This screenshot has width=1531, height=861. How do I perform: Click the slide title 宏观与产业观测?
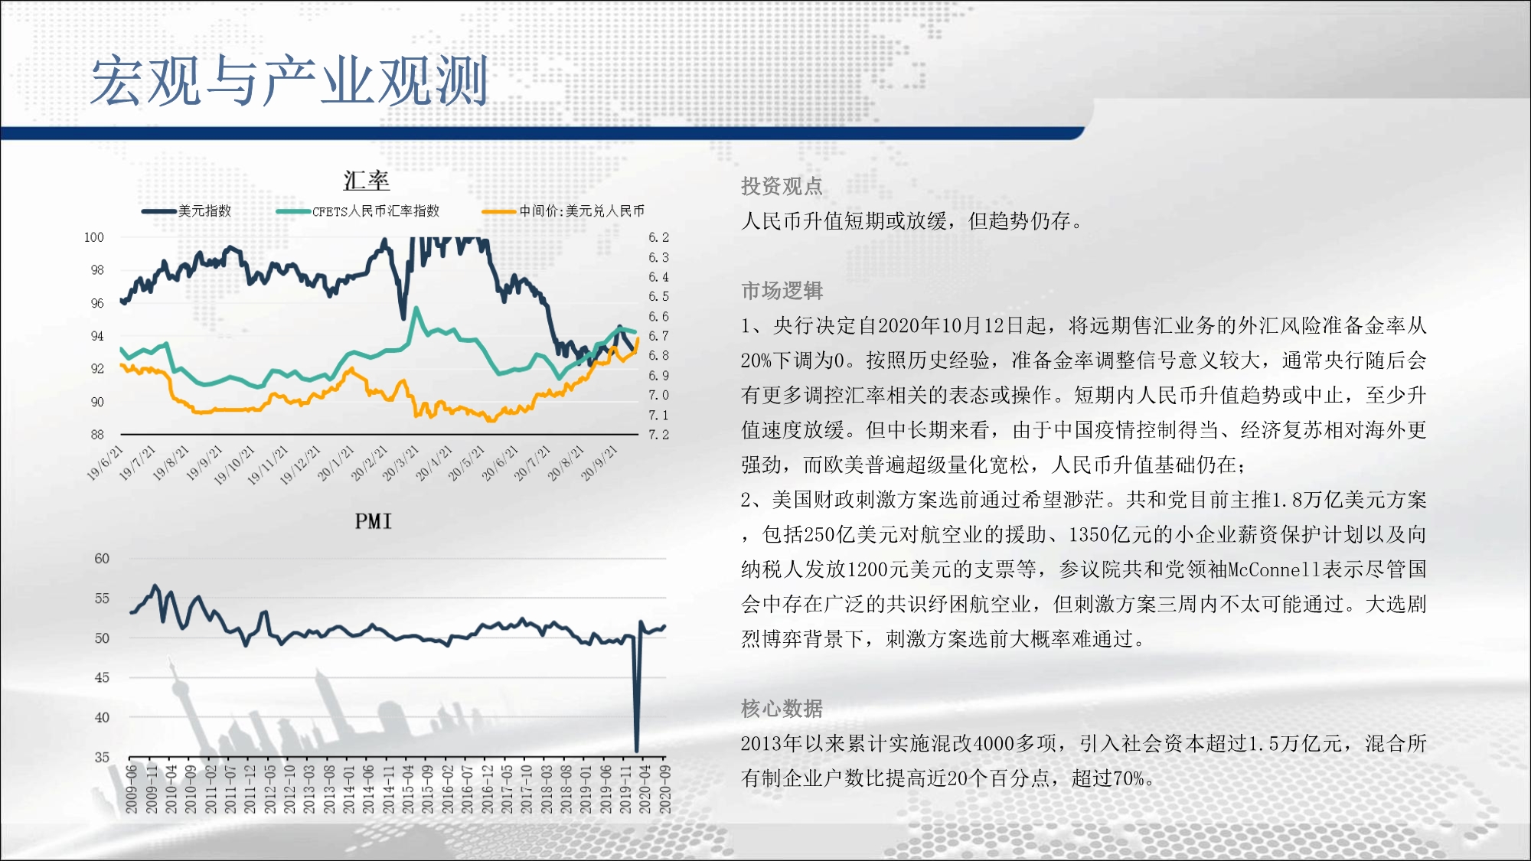pyautogui.click(x=289, y=80)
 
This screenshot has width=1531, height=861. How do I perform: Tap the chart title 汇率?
pyautogui.click(x=366, y=181)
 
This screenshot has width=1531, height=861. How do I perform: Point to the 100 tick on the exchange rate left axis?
pyautogui.click(x=94, y=237)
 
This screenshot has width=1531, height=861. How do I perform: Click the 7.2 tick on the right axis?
pyautogui.click(x=658, y=435)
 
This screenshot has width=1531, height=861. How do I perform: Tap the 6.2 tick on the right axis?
pyautogui.click(x=658, y=237)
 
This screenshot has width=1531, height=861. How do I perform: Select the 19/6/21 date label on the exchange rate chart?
pyautogui.click(x=105, y=462)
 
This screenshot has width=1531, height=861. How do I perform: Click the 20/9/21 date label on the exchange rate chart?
pyautogui.click(x=599, y=462)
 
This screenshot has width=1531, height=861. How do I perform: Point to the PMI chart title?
pyautogui.click(x=373, y=521)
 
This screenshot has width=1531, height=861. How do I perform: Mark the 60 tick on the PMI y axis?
pyautogui.click(x=102, y=559)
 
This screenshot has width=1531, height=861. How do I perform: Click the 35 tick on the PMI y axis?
pyautogui.click(x=102, y=757)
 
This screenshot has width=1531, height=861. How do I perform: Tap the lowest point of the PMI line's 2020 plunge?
pyautogui.click(x=637, y=751)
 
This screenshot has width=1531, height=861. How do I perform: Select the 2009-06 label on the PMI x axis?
pyautogui.click(x=132, y=789)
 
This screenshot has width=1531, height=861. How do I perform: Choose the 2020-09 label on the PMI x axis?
pyautogui.click(x=665, y=789)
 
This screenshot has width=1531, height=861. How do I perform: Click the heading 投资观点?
pyautogui.click(x=782, y=186)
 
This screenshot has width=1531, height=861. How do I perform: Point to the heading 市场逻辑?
pyautogui.click(x=782, y=291)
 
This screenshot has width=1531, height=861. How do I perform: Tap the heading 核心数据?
pyautogui.click(x=782, y=709)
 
